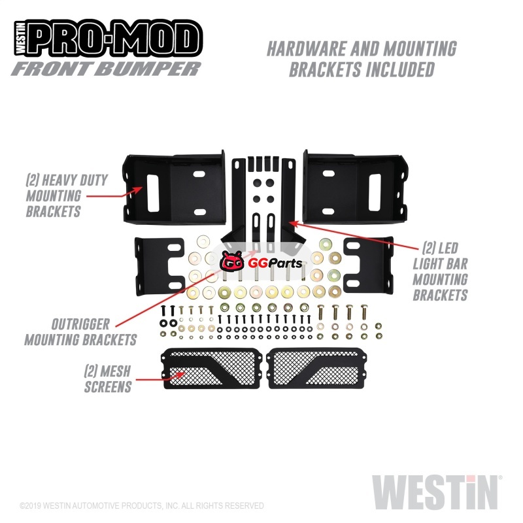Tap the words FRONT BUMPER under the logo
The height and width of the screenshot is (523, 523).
point(106,69)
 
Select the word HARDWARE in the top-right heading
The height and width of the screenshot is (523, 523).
point(307,48)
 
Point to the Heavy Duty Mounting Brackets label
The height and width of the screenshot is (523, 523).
point(67,195)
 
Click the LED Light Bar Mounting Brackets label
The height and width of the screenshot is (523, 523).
point(440,271)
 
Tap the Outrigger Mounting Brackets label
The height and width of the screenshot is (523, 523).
point(80,332)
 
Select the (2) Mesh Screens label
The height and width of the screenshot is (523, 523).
point(108,379)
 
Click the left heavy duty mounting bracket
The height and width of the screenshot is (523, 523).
point(174,188)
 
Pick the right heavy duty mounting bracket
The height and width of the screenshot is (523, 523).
point(355,188)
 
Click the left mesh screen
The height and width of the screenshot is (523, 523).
point(211,368)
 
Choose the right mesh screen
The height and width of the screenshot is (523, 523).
point(317,368)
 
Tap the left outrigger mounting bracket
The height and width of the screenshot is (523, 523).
point(160,266)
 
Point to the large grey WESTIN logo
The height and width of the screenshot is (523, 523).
point(435,493)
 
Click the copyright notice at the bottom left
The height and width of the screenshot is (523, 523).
point(141,505)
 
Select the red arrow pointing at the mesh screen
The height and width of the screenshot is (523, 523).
point(160,377)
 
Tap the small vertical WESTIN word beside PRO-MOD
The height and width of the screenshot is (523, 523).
point(20,39)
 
